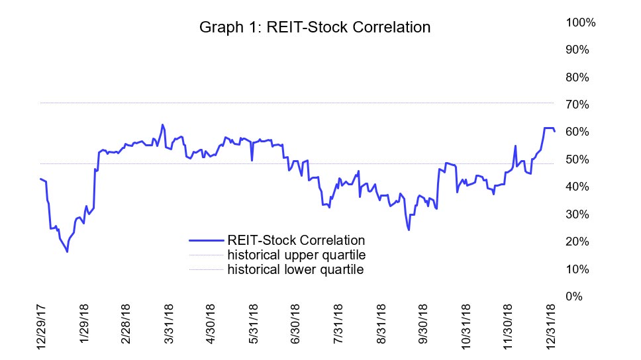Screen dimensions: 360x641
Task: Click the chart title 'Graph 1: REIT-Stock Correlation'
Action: (315, 28)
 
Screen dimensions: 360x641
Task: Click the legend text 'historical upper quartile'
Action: (296, 255)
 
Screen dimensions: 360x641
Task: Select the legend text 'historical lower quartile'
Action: (295, 269)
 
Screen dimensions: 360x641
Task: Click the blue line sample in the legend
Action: (207, 240)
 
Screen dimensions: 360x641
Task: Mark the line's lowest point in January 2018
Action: (67, 252)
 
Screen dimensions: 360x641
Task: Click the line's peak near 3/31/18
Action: (162, 124)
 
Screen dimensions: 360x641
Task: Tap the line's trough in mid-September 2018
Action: (409, 230)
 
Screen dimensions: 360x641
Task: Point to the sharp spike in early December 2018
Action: (515, 146)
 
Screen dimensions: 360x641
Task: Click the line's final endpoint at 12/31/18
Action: (554, 131)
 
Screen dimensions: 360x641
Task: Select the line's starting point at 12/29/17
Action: (40, 179)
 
